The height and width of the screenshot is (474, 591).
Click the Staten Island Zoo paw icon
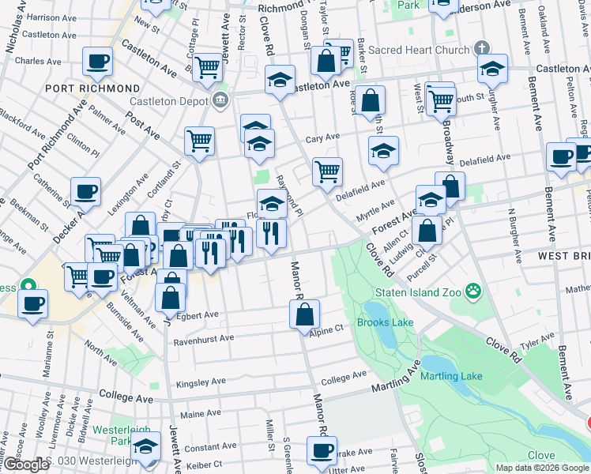coord(472,291)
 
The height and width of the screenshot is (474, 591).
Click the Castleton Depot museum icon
coord(220,100)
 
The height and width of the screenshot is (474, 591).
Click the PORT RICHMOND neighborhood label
coord(92,88)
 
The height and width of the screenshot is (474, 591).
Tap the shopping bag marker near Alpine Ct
coord(304,314)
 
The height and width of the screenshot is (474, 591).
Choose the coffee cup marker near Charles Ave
coord(97,62)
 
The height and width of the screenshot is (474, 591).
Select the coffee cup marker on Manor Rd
coord(321,451)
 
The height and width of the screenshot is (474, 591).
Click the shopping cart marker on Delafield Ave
coord(327,171)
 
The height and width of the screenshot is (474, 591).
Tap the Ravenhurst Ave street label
coord(204,337)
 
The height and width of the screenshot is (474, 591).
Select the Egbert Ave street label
coord(198,314)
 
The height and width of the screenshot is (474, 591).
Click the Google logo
coord(25,465)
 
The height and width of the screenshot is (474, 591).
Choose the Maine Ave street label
coord(201,413)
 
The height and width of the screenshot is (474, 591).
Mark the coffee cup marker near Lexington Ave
coord(85,191)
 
